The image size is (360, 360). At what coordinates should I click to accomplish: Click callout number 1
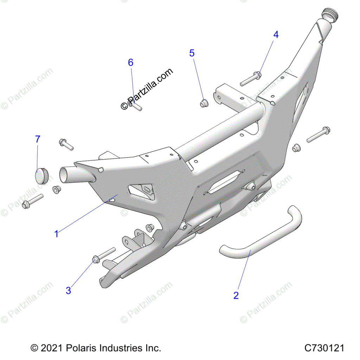(56, 234)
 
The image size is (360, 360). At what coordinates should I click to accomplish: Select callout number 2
(236, 295)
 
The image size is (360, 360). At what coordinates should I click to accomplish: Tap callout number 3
(69, 290)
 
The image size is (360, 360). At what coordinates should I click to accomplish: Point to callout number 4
(276, 34)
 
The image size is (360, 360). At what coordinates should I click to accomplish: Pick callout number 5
(192, 53)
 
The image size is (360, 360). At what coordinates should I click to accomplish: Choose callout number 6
(130, 63)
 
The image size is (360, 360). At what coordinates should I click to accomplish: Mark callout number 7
(38, 139)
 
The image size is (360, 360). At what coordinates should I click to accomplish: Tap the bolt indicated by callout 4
(251, 78)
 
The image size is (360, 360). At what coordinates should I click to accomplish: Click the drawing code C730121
(324, 348)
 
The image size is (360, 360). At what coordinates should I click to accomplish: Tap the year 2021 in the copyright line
(52, 348)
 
